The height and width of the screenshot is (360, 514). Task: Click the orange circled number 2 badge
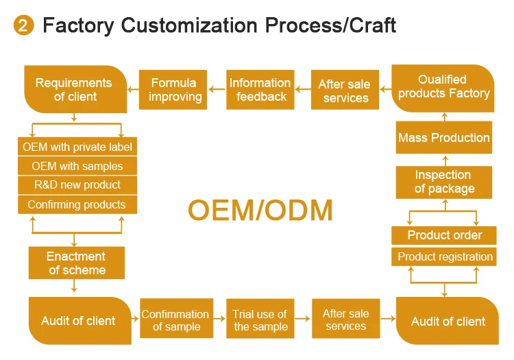24,26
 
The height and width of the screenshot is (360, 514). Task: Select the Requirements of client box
73,90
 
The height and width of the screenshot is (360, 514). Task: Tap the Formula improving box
174,90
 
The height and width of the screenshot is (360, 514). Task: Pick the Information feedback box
260,90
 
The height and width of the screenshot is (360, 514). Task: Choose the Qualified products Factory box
444,87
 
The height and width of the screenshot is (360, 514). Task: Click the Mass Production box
444,138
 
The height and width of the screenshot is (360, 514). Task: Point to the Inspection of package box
444,182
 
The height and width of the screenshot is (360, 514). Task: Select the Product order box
444,235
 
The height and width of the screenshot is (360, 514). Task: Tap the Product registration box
444,257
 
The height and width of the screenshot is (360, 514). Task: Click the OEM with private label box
77,147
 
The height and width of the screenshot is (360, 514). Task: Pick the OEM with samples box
77,166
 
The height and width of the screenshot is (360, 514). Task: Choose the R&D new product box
77,185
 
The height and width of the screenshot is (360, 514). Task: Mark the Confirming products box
77,204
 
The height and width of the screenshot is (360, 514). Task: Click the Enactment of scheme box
77,263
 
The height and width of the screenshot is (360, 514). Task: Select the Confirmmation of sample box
175,321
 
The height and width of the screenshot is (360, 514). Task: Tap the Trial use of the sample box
260,321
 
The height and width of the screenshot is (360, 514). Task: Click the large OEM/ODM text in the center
260,210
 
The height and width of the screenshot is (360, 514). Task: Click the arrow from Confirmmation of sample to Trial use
218,320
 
